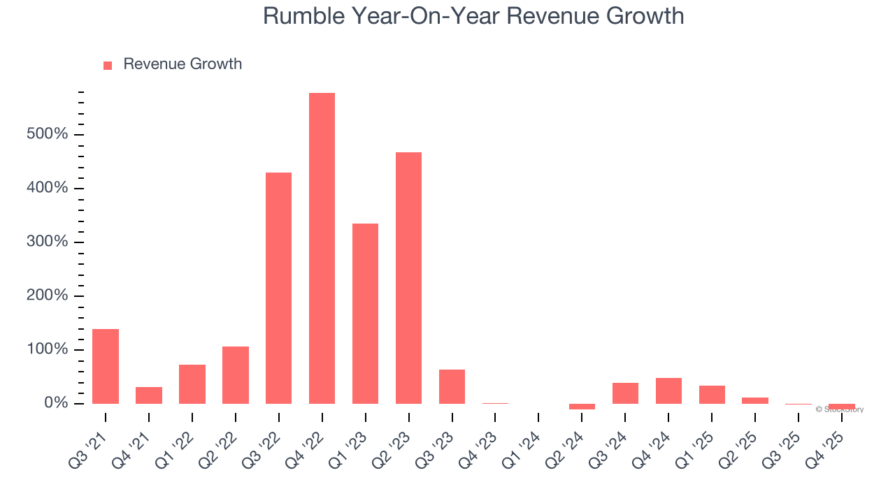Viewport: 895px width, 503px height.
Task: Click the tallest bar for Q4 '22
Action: pos(322,248)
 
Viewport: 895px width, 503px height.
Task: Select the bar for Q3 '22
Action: pos(278,288)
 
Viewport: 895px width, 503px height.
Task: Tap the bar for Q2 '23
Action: pos(408,278)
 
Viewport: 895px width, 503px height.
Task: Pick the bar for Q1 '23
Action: pos(365,314)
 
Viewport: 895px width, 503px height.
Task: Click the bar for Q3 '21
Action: pos(106,366)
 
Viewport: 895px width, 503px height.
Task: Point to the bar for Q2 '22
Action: pos(236,375)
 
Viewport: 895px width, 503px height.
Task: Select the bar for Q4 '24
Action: pos(668,391)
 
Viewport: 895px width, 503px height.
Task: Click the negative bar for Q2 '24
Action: pos(582,407)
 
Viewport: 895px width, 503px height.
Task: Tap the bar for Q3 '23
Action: pos(452,386)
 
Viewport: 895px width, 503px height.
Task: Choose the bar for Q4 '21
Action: pos(149,395)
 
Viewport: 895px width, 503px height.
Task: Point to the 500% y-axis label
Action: pos(47,134)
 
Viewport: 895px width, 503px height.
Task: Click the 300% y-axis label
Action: pos(47,242)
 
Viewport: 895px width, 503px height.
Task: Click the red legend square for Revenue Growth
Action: pos(108,66)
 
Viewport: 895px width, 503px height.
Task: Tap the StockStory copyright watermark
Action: pos(840,409)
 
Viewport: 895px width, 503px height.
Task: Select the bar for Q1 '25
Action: pos(712,395)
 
